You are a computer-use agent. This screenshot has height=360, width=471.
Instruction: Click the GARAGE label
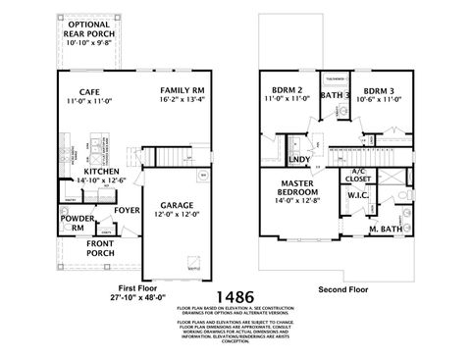(179, 207)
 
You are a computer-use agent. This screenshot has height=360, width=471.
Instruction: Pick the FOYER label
(127, 208)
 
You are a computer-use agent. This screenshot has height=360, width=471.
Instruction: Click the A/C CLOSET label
(359, 177)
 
